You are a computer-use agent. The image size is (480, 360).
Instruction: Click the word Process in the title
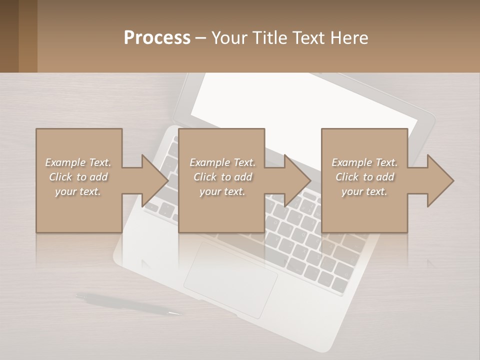point(157,38)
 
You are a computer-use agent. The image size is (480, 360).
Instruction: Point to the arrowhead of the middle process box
point(296,180)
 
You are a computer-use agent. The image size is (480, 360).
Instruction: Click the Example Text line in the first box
point(78,162)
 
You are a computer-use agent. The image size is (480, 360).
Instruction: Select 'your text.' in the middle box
point(222,191)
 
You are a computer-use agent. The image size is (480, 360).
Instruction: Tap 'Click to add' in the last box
point(365,177)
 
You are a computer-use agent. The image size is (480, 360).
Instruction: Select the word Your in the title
point(228,38)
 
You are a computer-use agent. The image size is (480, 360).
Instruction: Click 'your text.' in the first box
point(78,191)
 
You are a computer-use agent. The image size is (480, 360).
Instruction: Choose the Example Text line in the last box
point(365,162)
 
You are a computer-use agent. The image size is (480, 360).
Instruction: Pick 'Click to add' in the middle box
point(222,177)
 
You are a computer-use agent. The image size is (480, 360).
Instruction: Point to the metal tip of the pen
point(175,313)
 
